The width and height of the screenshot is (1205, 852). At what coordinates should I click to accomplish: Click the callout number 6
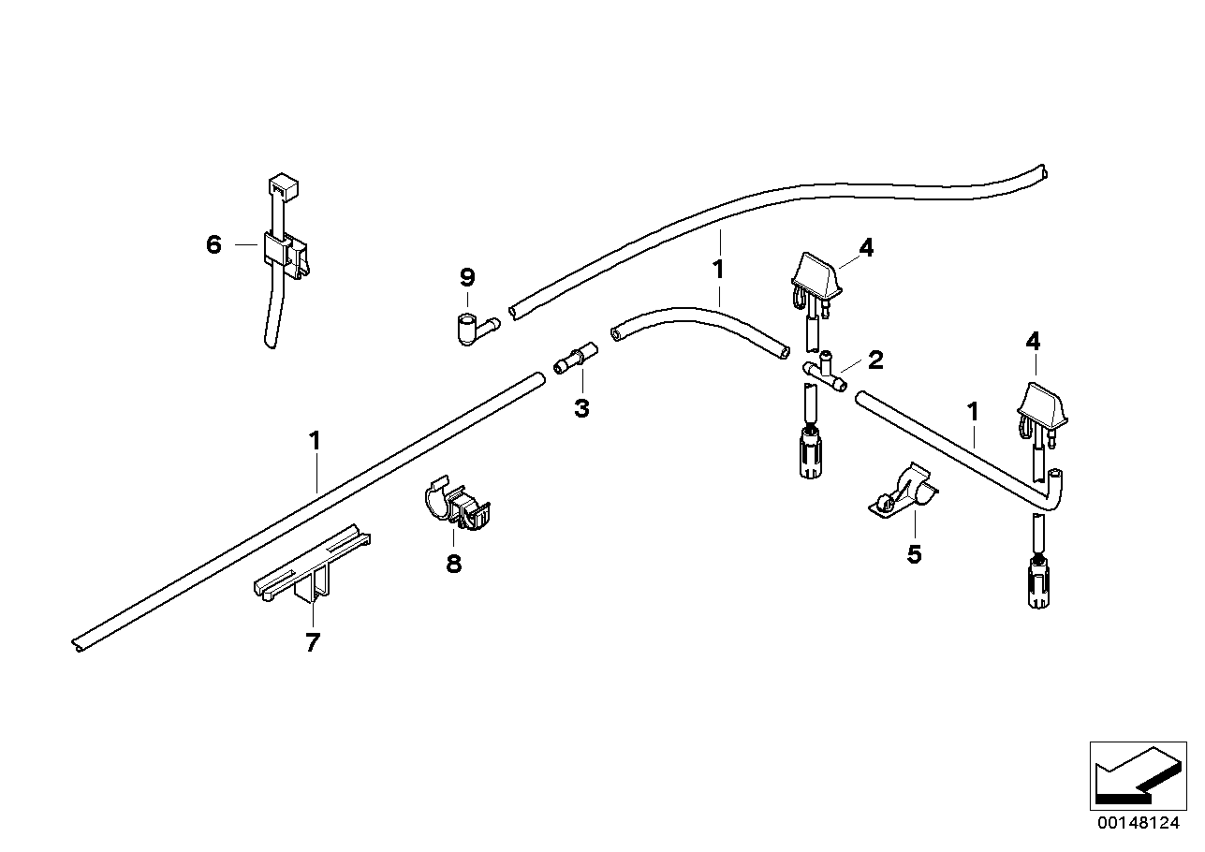point(213,245)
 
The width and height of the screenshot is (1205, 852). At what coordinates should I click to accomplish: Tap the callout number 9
point(467,277)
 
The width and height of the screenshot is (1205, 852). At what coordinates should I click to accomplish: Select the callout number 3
point(582,408)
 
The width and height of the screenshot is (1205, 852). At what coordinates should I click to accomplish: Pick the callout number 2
point(875,360)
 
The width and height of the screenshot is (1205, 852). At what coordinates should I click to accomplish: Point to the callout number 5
point(914,554)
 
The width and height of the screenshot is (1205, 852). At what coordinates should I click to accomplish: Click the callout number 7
point(313,642)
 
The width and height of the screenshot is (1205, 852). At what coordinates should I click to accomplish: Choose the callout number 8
point(454,564)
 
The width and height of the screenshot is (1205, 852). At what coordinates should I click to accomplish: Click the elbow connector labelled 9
point(474,329)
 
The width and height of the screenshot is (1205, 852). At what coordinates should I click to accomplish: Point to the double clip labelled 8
point(456,506)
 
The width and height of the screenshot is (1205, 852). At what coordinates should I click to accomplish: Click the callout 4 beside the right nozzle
point(1033,342)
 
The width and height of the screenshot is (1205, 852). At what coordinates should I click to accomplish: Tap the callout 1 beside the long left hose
point(316,440)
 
